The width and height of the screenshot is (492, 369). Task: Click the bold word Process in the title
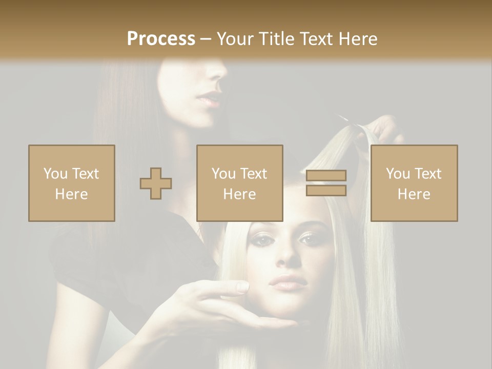161,38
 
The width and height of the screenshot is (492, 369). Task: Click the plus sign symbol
156,183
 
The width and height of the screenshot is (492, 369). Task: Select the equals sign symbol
326,183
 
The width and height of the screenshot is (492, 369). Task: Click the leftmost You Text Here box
72,183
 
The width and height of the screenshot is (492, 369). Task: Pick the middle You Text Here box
240,183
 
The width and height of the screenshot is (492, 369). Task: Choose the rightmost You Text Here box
414,183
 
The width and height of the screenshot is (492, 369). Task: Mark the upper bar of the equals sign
326,176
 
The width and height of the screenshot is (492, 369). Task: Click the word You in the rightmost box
398,174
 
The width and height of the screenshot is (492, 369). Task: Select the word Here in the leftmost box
72,194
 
